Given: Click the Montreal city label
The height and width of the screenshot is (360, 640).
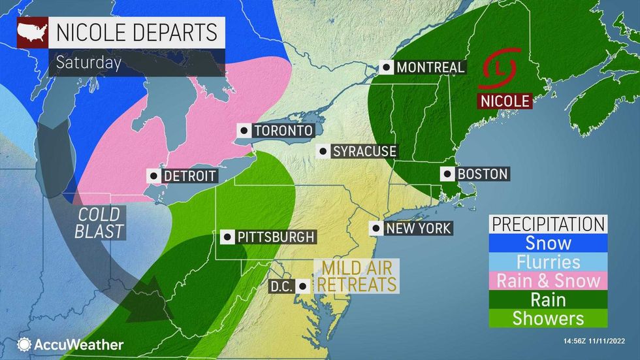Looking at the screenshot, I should coord(430,67).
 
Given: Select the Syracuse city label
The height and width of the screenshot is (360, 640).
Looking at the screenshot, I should coord(364,152).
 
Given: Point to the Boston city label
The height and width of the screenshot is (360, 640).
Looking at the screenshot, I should coord(483,174).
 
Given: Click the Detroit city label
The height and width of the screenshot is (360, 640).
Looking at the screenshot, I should coord(189,176).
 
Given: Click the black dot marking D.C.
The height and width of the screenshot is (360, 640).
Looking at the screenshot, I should coord(302,286).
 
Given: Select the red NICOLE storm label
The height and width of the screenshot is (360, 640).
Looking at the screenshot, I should coord(505,101).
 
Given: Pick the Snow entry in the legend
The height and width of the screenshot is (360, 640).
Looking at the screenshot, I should coord(549,243).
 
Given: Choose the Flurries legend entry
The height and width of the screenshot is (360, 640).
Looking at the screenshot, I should coord(549,262).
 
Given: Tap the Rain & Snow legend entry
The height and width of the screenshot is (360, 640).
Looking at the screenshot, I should coord(549,281).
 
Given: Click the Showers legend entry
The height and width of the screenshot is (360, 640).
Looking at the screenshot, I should coord(549,319).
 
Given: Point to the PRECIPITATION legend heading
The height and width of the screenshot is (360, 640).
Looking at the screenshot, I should coord(549,224).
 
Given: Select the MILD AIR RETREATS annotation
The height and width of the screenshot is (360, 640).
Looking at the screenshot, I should coord(356,276).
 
